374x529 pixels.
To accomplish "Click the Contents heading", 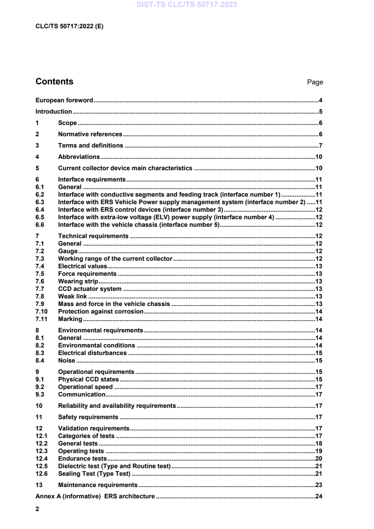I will point(54,82).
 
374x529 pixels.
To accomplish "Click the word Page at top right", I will point(315,82).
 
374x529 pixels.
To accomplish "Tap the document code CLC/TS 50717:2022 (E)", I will point(69,26).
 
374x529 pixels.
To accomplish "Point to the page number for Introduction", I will point(320,112).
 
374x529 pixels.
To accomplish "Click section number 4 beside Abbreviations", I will point(37,157).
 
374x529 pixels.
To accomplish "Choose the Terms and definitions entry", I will point(91,145).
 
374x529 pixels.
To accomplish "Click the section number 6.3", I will point(40,202).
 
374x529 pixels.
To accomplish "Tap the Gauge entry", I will point(68,251).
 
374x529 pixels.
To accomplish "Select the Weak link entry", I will point(73,297).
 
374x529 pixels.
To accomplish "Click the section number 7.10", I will point(42,312).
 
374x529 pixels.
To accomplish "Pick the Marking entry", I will point(70,319).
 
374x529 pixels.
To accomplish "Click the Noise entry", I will point(66,361).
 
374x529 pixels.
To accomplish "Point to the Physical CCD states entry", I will point(88,380).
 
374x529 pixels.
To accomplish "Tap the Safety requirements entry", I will point(88,417).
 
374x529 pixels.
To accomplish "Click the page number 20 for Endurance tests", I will point(318,459).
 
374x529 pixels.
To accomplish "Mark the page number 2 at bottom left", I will point(37,509).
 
